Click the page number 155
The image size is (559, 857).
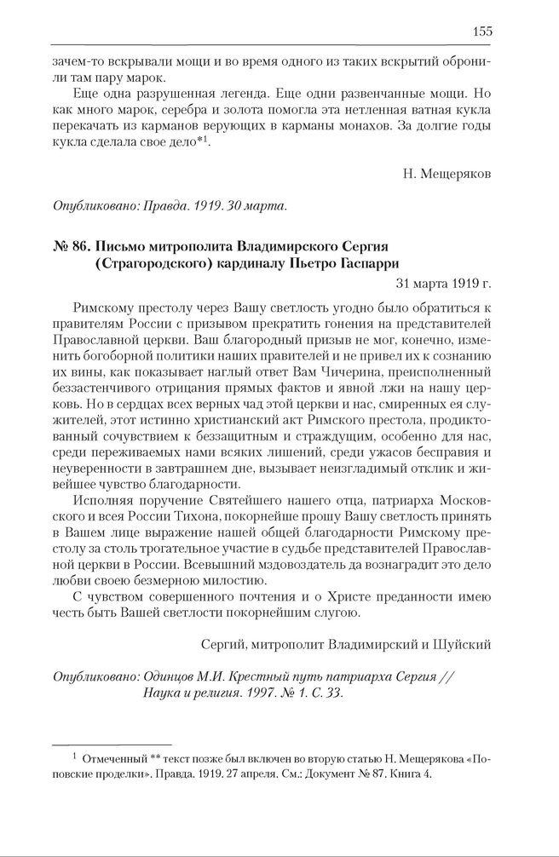[x=481, y=32]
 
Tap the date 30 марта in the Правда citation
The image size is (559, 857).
[x=257, y=205]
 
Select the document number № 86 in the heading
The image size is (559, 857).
[x=67, y=246]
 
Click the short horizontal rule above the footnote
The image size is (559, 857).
[x=112, y=744]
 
